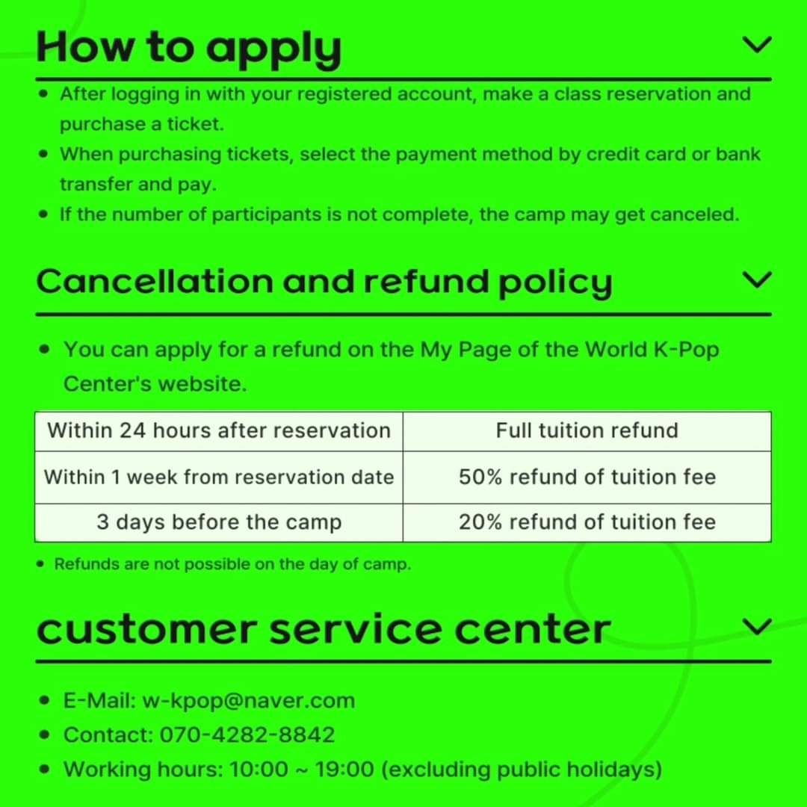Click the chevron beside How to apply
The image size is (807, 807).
(757, 45)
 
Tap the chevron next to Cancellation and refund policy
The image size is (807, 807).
(757, 280)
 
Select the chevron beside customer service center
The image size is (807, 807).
(757, 627)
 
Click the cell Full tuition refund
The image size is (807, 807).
(587, 431)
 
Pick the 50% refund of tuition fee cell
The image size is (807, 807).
(587, 477)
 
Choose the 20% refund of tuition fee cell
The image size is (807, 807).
(587, 522)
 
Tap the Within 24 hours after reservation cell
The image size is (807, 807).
(219, 431)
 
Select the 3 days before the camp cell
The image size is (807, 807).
(219, 522)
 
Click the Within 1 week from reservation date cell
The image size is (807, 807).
(219, 477)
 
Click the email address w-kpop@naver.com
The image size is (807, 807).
(249, 701)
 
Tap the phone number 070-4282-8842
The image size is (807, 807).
(247, 735)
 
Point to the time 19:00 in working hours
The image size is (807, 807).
(344, 770)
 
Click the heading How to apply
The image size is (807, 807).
(189, 48)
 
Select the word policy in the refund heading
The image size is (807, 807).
(555, 284)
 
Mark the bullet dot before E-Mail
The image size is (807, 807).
(44, 700)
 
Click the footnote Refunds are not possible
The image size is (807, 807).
(232, 565)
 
